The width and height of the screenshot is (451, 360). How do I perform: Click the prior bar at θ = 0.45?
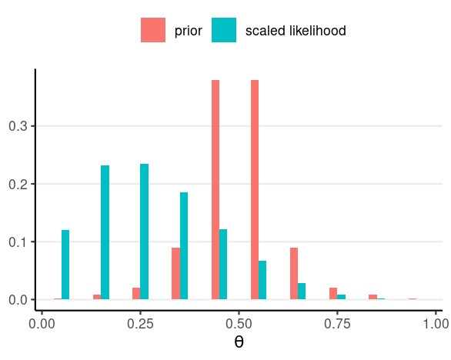tap(215, 190)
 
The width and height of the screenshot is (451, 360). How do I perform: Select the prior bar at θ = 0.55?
tap(255, 190)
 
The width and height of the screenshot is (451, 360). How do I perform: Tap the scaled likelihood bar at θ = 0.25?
tap(145, 232)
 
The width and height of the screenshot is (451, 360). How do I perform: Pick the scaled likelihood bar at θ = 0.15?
tap(105, 232)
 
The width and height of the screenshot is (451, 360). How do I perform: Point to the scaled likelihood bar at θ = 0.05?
tap(65, 265)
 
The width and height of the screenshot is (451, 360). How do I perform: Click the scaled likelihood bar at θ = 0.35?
tap(184, 246)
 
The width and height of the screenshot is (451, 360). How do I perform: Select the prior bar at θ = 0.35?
tap(176, 273)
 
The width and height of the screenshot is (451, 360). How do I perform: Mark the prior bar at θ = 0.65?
tap(294, 273)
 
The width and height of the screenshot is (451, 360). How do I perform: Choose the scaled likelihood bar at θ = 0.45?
tap(223, 265)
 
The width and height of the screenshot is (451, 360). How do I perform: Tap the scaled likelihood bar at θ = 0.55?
tap(262, 280)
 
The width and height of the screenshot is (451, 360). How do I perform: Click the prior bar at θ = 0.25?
tap(136, 294)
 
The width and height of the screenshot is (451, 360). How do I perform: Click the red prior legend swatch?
tap(153, 30)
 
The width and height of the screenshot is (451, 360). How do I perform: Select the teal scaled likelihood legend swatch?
tap(224, 30)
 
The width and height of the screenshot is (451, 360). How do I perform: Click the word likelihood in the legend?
tap(318, 31)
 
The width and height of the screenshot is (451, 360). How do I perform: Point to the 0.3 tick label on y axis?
tap(18, 126)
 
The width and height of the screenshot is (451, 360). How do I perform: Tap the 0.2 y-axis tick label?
tap(18, 185)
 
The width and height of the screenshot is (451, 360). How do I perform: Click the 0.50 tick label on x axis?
tap(239, 324)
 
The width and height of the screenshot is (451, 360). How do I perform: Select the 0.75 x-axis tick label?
tap(337, 324)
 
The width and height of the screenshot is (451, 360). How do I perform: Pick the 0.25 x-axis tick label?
tap(140, 324)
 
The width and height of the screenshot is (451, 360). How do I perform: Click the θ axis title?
tap(239, 342)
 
